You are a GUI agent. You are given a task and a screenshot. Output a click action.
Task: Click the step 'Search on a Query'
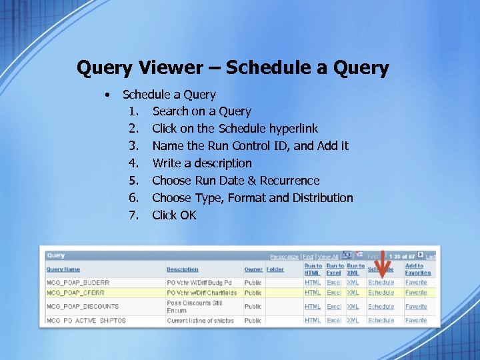pyautogui.click(x=201, y=111)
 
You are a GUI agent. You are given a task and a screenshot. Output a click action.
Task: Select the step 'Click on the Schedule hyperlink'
pyautogui.click(x=235, y=129)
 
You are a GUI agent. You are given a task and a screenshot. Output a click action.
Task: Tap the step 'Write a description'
pyautogui.click(x=202, y=163)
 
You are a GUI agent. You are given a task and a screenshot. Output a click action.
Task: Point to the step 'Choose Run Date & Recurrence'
pyautogui.click(x=235, y=181)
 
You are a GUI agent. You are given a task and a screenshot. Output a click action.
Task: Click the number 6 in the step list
pyautogui.click(x=133, y=198)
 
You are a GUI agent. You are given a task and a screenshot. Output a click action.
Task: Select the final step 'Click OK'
pyautogui.click(x=174, y=215)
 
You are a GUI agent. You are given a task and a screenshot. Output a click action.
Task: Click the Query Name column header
pyautogui.click(x=63, y=269)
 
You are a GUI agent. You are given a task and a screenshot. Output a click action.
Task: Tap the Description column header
pyautogui.click(x=183, y=269)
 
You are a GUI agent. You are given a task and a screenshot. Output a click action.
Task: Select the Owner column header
pyautogui.click(x=253, y=269)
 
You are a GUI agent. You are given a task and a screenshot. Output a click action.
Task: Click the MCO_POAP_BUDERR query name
pyautogui.click(x=78, y=283)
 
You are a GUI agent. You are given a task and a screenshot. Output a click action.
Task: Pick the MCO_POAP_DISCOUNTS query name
pyautogui.click(x=83, y=307)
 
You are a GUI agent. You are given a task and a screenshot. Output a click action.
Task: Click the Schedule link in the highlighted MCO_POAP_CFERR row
pyautogui.click(x=381, y=293)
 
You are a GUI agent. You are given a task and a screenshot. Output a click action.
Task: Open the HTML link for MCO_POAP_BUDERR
pyautogui.click(x=313, y=283)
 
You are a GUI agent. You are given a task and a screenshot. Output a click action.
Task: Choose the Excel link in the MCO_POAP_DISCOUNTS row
pyautogui.click(x=334, y=307)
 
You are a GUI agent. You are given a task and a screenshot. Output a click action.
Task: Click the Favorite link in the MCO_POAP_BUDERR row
pyautogui.click(x=416, y=283)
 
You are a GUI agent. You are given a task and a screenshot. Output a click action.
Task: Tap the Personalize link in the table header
pyautogui.click(x=284, y=257)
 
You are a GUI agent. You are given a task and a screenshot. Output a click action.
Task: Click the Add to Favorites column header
pyautogui.click(x=418, y=269)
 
